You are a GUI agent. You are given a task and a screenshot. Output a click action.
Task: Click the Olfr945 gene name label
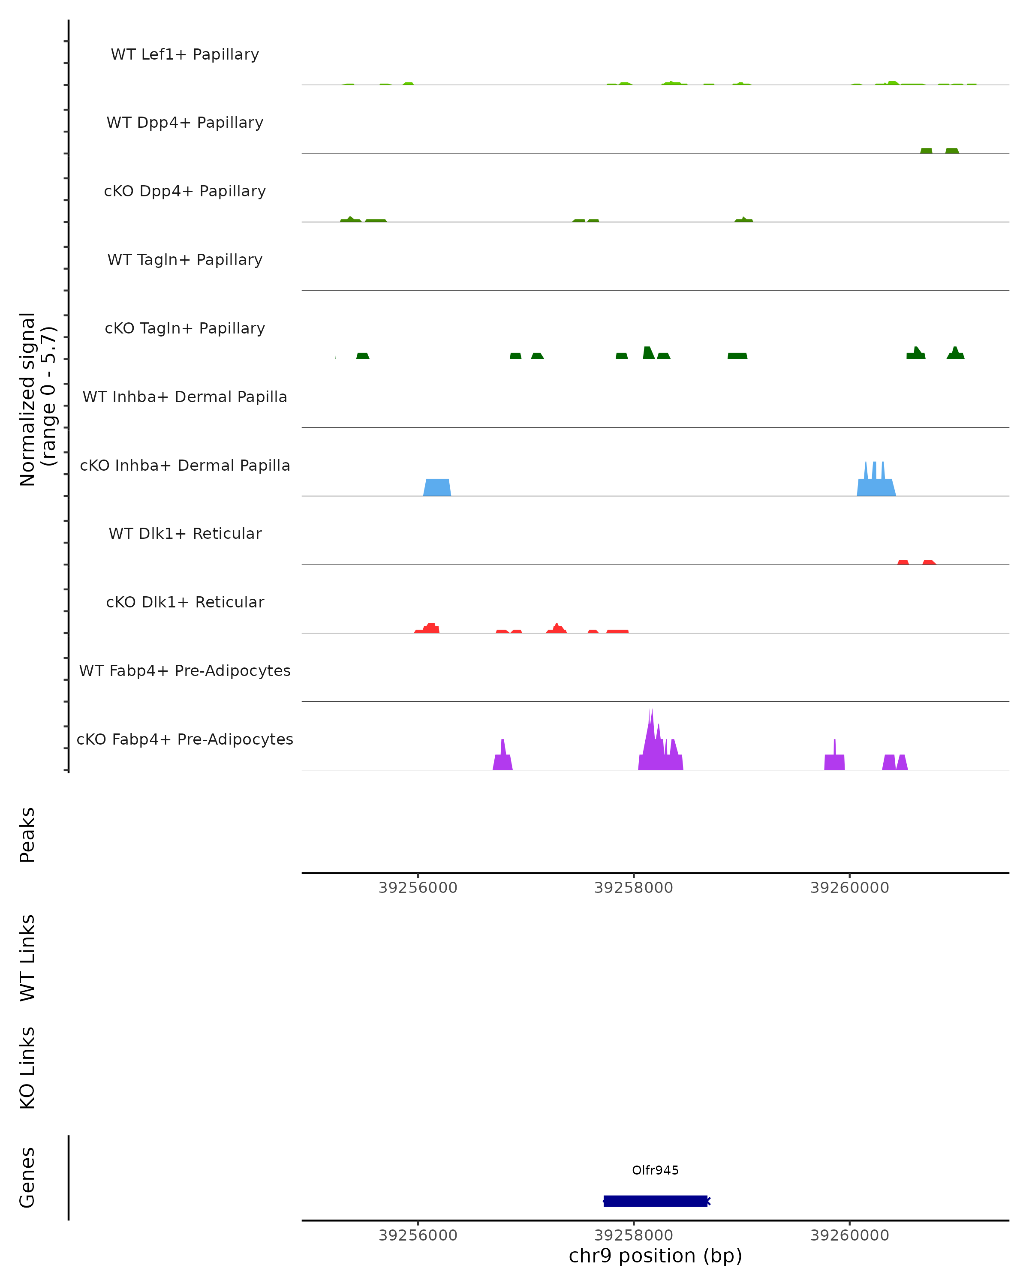(x=655, y=1170)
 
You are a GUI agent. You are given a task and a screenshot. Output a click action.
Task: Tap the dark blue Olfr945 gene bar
(x=655, y=1201)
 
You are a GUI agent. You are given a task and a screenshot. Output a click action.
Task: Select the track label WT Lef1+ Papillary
(x=185, y=54)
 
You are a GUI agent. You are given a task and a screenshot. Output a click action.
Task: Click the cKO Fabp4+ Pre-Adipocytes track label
(x=185, y=739)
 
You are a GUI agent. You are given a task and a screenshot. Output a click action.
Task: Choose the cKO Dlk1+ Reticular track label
(x=185, y=602)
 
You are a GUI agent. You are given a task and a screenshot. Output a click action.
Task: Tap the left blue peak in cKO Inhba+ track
(x=437, y=487)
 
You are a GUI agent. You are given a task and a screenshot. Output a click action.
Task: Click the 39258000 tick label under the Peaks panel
(x=634, y=888)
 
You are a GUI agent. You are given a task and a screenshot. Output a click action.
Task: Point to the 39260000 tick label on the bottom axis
(x=849, y=1235)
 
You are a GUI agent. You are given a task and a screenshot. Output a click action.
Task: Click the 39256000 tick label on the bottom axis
(x=418, y=1235)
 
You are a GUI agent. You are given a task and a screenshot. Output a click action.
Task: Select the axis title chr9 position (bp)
(x=655, y=1256)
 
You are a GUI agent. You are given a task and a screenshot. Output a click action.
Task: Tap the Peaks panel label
(x=27, y=835)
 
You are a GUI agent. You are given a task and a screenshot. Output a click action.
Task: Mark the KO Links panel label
(x=27, y=1068)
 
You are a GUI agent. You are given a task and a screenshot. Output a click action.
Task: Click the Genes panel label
(x=27, y=1178)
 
